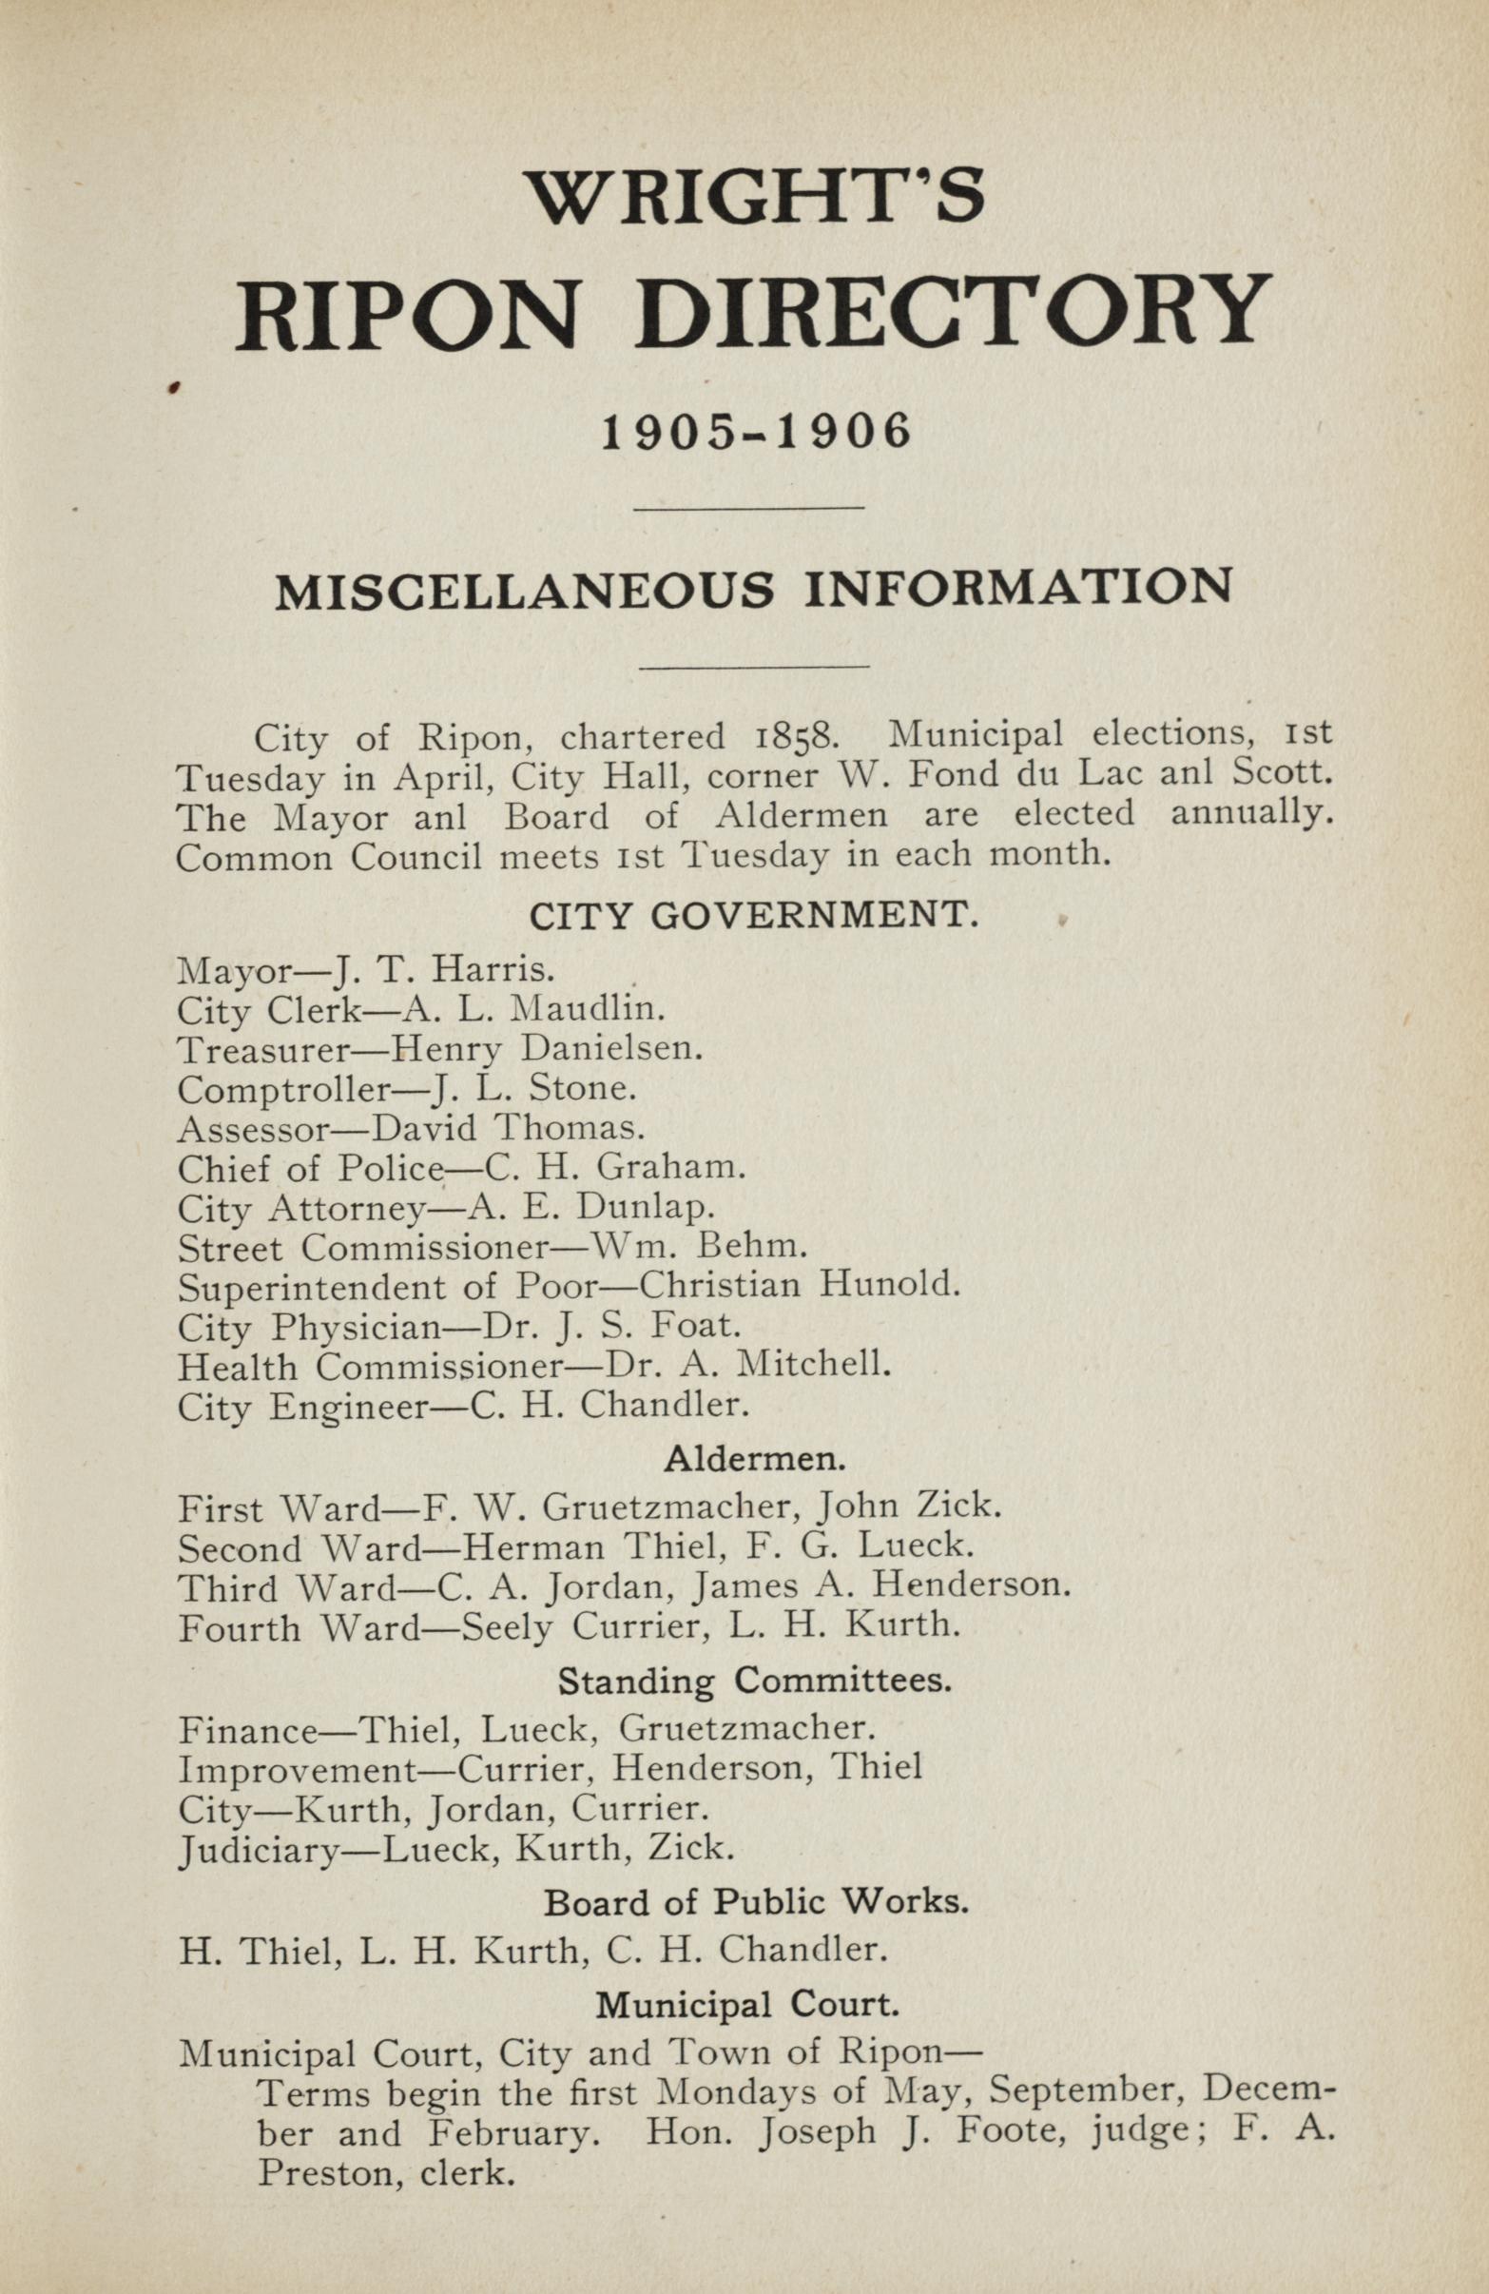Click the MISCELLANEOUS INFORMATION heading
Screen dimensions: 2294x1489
coord(754,589)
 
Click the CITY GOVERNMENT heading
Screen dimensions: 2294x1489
coord(755,915)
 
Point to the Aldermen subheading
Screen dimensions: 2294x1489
coord(755,1459)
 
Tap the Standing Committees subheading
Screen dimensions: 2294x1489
coord(755,1682)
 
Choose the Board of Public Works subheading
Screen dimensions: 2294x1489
coord(755,1902)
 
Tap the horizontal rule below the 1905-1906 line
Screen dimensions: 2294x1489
coord(748,506)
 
